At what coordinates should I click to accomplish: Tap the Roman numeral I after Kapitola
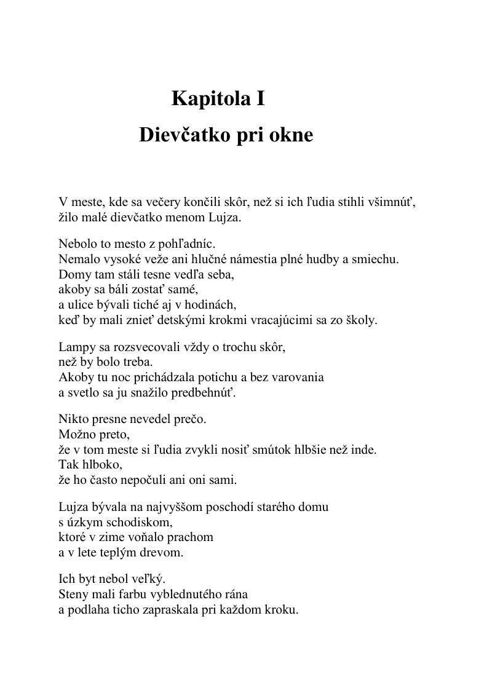click(x=261, y=98)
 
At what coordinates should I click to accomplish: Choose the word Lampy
click(x=75, y=347)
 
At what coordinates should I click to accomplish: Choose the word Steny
click(x=74, y=595)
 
